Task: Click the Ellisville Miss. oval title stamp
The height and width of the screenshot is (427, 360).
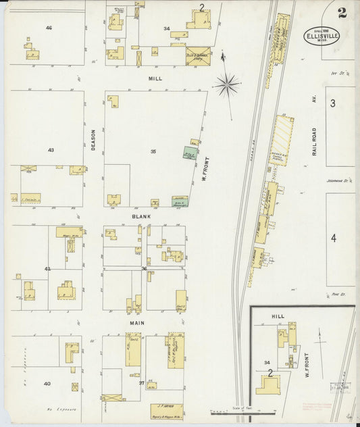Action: tap(321, 36)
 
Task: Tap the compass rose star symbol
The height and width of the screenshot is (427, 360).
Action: tap(227, 85)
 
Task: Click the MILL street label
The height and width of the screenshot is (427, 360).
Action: tap(156, 78)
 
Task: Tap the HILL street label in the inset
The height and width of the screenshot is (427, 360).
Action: tap(278, 316)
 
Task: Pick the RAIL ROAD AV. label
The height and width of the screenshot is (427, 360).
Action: tap(315, 142)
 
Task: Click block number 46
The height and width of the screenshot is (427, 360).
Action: tap(49, 28)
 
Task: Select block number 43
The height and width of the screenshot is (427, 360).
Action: tap(50, 149)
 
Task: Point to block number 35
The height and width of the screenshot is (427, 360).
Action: tap(153, 151)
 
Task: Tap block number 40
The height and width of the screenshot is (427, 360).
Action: tap(47, 383)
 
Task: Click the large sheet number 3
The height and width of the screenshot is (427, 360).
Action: tap(332, 103)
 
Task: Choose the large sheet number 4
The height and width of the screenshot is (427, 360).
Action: tap(333, 238)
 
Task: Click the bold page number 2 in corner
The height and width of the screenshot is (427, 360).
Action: tap(343, 11)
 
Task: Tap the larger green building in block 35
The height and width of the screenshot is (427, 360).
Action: tap(189, 153)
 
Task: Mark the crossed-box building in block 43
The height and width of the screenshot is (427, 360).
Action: tap(28, 168)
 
